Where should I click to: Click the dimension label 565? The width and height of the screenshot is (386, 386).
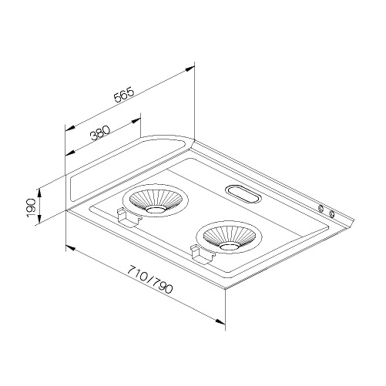coord(124,95)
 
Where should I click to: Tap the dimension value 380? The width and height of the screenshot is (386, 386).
coord(100,133)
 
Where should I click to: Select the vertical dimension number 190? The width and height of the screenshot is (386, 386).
coord(31,206)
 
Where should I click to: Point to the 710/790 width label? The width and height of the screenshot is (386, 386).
coord(149,280)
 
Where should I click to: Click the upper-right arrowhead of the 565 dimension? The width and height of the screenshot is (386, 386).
coord(190,69)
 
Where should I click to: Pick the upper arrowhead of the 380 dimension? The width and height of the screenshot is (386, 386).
coord(136,121)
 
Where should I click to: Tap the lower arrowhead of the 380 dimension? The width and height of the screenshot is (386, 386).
coord(70,153)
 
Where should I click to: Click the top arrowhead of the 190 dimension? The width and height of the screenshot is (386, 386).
coord(39,193)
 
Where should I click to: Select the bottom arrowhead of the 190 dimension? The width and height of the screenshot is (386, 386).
coord(39,218)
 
